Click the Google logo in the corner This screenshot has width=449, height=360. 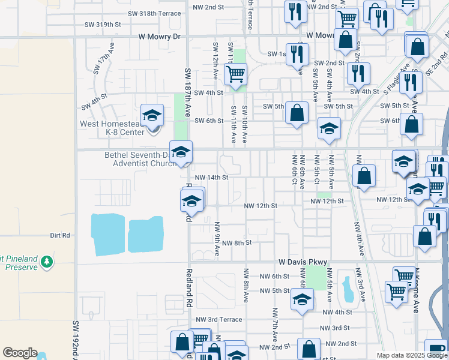[20, 353]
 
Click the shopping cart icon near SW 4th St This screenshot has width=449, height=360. [235, 75]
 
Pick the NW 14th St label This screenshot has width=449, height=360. [211, 177]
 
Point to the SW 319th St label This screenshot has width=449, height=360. [103, 25]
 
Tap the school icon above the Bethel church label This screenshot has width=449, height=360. [180, 152]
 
